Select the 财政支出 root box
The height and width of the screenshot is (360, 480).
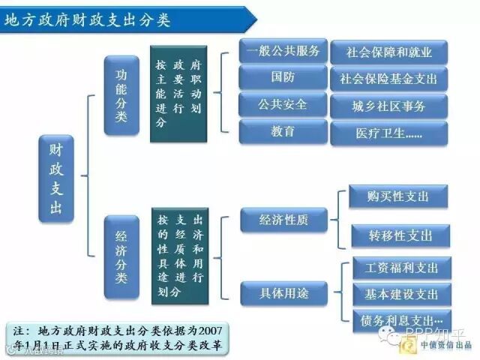tap(56, 178)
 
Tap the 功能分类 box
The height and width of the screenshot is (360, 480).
tap(121, 95)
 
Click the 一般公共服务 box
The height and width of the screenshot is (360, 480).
tap(283, 52)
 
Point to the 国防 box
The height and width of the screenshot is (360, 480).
tap(283, 77)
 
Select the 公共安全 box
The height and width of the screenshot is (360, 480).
tap(283, 104)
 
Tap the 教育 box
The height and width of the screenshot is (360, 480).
tap(283, 130)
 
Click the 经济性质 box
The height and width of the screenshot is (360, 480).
tap(283, 220)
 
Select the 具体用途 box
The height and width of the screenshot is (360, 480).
tap(283, 292)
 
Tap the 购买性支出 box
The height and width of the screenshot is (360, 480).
tap(398, 196)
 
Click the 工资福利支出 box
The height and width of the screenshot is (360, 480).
tap(401, 268)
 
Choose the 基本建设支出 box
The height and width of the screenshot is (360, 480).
tap(401, 293)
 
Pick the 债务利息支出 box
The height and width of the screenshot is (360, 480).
tap(401, 319)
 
